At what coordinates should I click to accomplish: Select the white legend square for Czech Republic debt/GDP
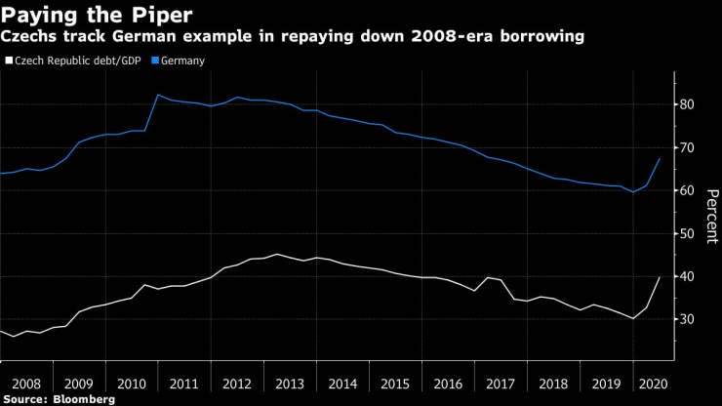click(x=9, y=61)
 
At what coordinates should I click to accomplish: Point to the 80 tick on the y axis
click(x=687, y=104)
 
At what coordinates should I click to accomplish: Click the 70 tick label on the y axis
click(x=687, y=147)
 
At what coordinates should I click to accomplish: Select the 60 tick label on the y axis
click(x=687, y=190)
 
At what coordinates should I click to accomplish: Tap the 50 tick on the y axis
click(x=687, y=233)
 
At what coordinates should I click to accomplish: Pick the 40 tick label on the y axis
click(x=687, y=276)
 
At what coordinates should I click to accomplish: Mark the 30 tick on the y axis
click(x=687, y=319)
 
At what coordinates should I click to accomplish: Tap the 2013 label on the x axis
click(x=288, y=383)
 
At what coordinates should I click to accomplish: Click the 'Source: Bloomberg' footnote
click(x=59, y=399)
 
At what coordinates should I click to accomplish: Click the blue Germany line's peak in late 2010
click(x=158, y=95)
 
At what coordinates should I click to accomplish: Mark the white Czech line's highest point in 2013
click(x=276, y=254)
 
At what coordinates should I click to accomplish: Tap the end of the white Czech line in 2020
click(x=661, y=277)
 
